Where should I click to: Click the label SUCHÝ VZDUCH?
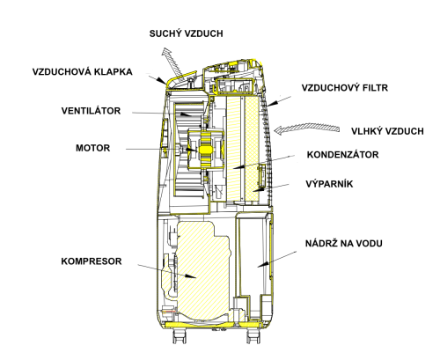click(186, 33)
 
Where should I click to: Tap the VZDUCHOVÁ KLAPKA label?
click(83, 72)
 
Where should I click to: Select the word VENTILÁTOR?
click(91, 111)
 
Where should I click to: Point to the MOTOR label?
click(93, 148)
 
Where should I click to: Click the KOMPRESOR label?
click(92, 261)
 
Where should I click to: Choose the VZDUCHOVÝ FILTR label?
click(345, 88)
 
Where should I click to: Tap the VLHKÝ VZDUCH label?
click(387, 131)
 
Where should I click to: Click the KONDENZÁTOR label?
click(342, 155)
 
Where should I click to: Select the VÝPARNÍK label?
click(329, 184)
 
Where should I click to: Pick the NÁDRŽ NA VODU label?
click(344, 244)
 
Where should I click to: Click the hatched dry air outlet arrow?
click(172, 61)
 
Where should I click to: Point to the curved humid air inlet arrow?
click(306, 128)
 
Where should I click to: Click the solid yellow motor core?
click(205, 150)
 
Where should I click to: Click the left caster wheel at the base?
click(180, 336)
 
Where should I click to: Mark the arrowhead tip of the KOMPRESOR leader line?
click(196, 277)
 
